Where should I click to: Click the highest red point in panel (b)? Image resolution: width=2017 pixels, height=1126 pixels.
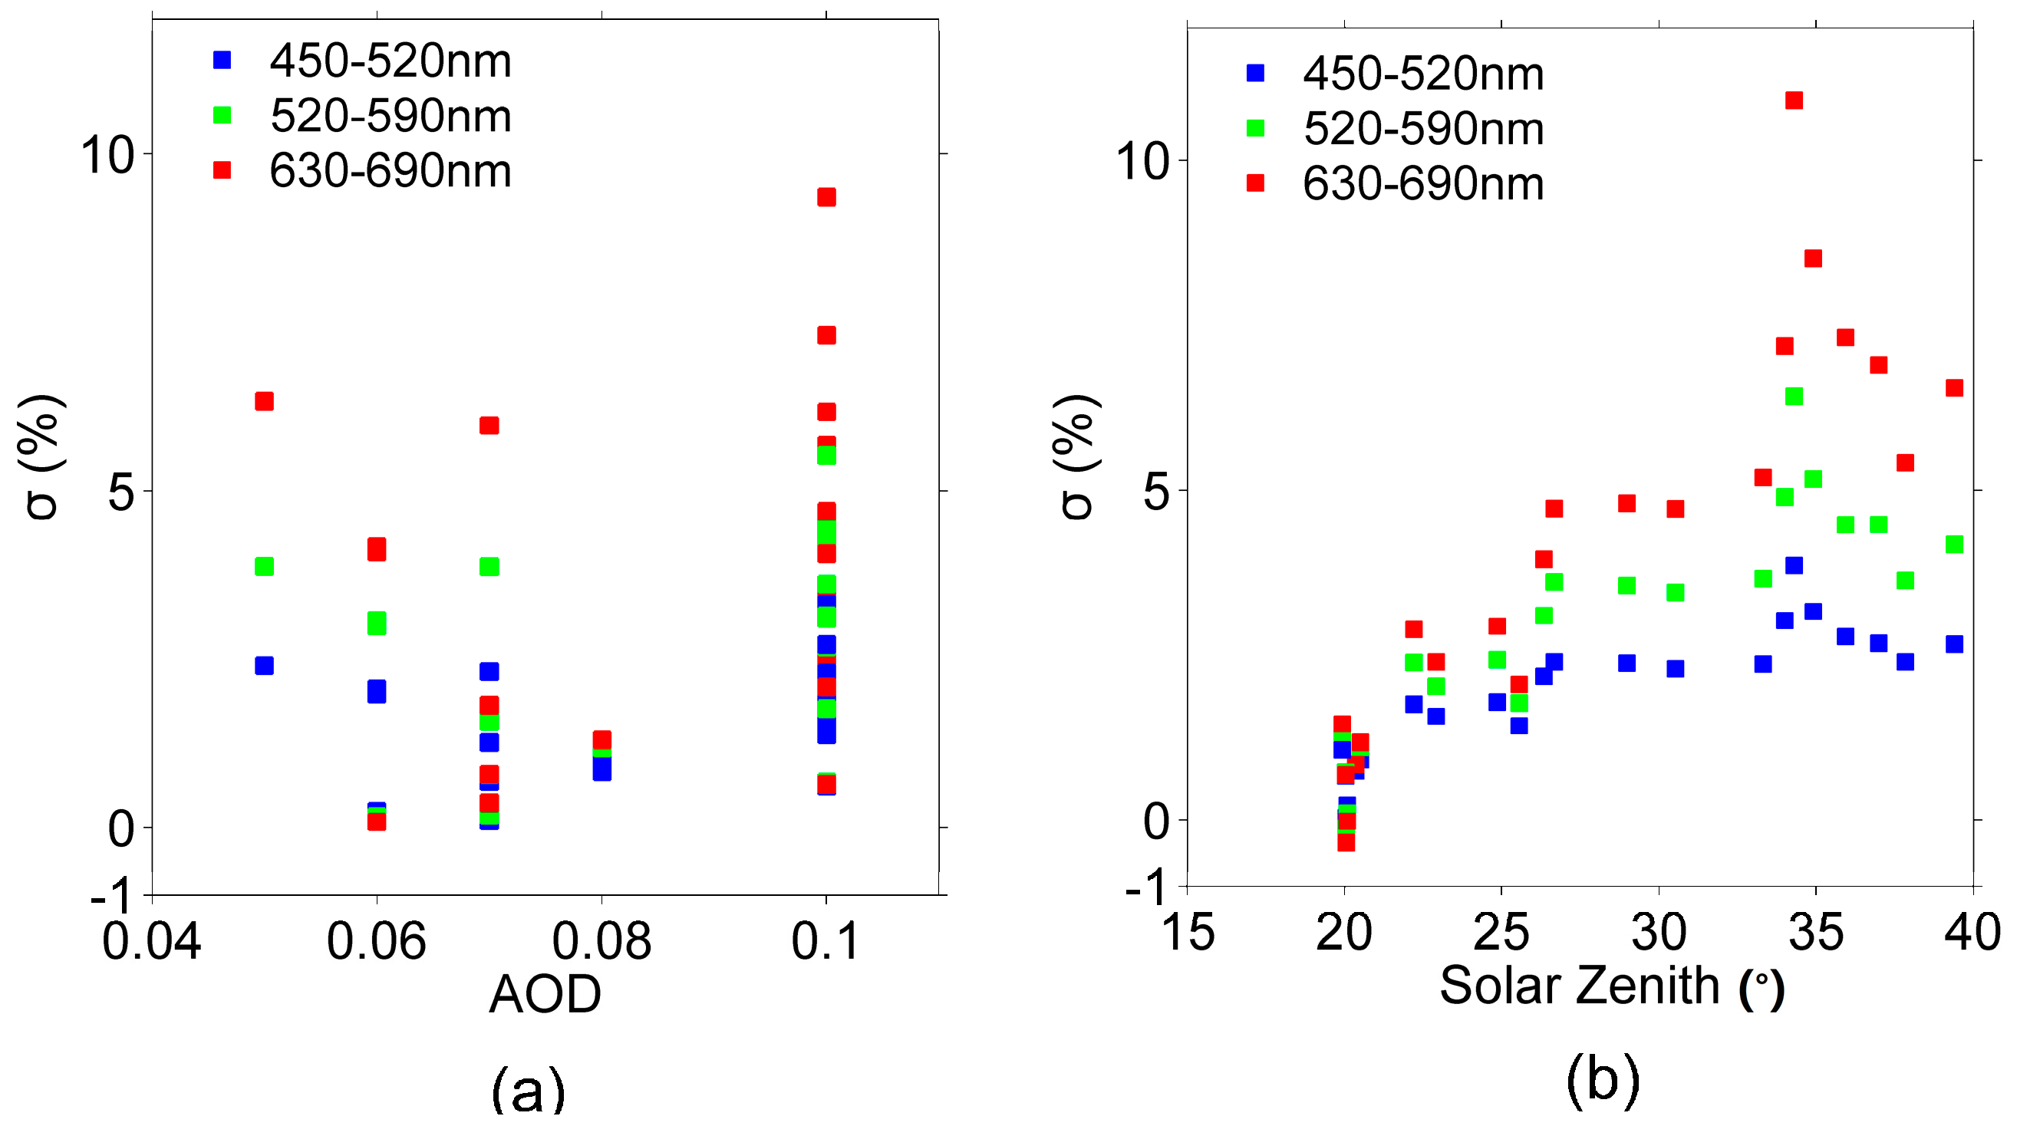(1793, 100)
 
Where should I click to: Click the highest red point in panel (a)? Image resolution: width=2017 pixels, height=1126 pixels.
(826, 196)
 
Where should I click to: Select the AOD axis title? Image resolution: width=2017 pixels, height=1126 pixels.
(545, 994)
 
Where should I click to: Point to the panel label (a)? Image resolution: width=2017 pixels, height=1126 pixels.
(528, 1088)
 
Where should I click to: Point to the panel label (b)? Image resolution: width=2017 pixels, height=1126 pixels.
(1603, 1080)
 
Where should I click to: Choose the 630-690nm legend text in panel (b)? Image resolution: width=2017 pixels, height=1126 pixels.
(1422, 184)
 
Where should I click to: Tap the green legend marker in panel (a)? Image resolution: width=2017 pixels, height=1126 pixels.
(222, 115)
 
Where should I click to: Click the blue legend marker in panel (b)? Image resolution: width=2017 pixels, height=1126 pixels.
(1255, 73)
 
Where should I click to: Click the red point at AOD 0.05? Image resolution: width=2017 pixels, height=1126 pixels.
(264, 401)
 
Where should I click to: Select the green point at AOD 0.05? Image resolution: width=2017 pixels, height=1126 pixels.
(264, 566)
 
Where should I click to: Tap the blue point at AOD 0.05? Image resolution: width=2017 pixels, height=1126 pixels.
(264, 665)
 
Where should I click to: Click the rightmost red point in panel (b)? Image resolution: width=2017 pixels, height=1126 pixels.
(1953, 387)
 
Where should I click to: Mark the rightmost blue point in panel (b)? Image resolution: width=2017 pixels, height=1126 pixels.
(1953, 644)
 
